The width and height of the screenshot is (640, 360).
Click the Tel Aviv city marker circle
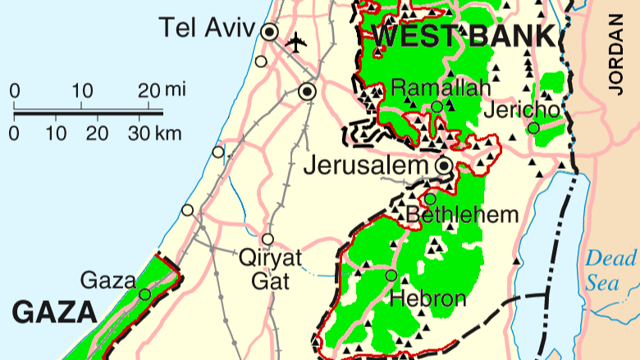[x=269, y=32]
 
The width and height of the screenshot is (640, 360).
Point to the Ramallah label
[x=441, y=87]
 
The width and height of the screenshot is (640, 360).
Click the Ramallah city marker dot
[x=437, y=107]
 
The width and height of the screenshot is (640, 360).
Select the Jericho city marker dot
[x=533, y=128]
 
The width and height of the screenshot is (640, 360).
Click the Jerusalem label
[x=367, y=166]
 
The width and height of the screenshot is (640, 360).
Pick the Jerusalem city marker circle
[x=444, y=166]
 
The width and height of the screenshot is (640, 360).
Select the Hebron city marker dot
[x=391, y=275]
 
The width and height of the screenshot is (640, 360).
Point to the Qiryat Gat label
[x=270, y=269]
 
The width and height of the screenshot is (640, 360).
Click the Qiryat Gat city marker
[x=267, y=239]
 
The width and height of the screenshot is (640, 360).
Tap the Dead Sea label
[x=610, y=271]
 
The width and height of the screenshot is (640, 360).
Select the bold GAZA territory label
[x=54, y=312]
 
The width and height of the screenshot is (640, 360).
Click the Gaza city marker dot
[x=145, y=294]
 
